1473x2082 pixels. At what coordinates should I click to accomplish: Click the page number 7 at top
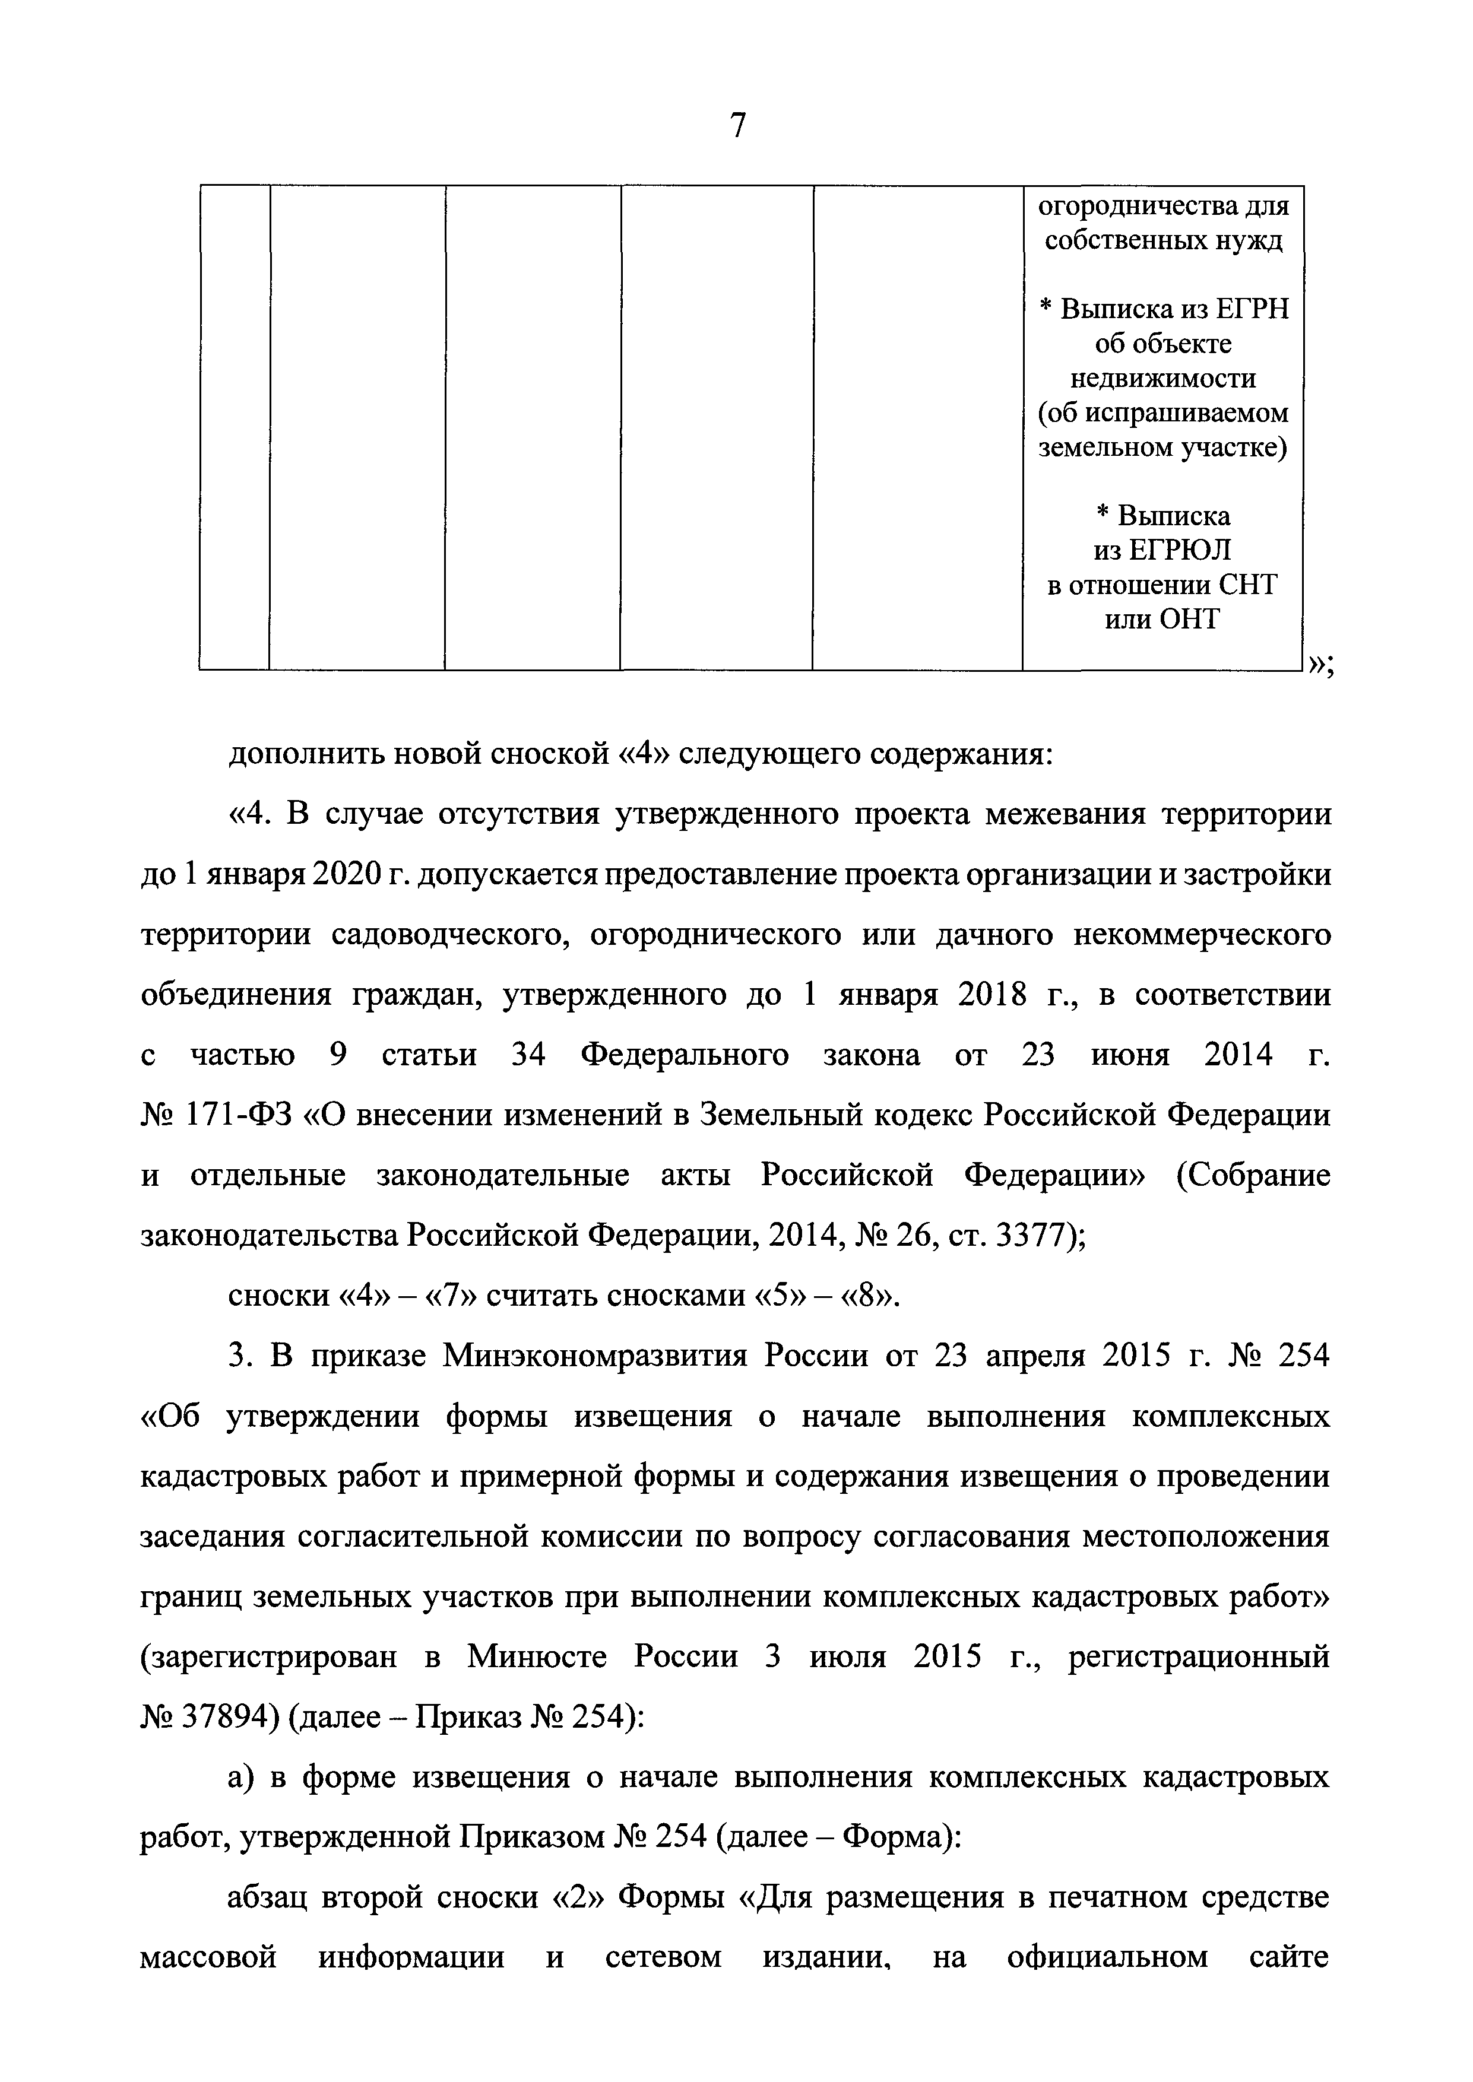(x=737, y=126)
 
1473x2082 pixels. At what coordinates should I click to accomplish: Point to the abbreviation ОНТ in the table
(x=1190, y=620)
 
